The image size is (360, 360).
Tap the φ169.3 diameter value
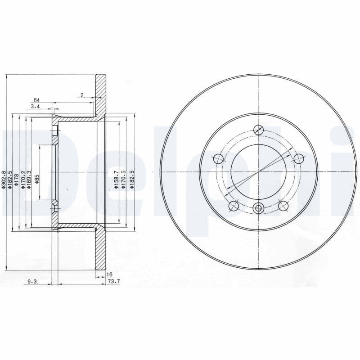29,180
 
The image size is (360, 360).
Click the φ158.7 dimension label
116,180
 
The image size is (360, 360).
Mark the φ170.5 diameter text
124,180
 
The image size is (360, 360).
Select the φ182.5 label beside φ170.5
131,180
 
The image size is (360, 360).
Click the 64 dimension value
36,100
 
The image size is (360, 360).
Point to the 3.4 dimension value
36,106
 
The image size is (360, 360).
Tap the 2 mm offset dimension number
82,95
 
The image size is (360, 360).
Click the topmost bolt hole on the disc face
258,130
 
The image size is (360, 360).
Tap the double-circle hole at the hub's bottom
258,208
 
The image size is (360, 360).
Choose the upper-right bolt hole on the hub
298,158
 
